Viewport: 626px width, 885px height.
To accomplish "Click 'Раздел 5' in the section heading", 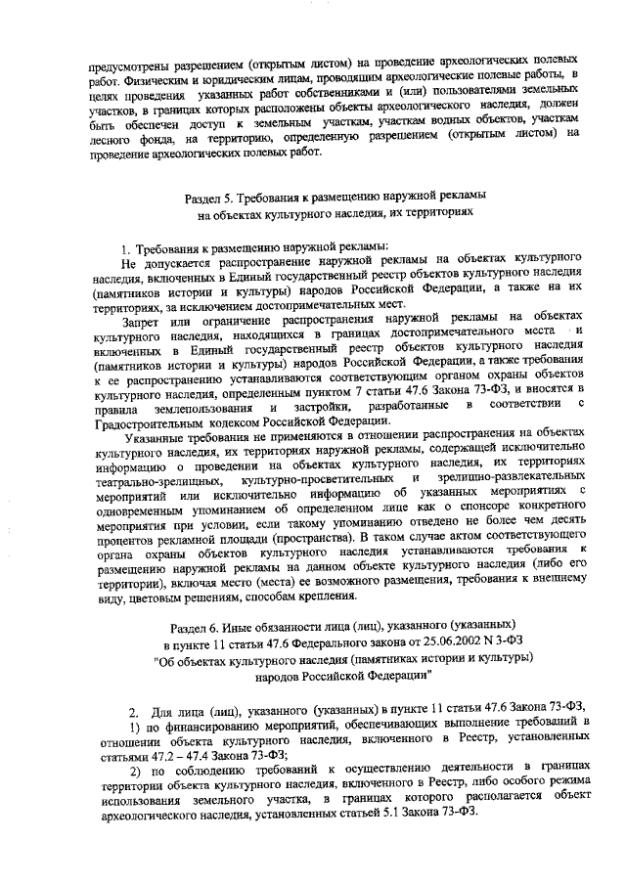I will [211, 196].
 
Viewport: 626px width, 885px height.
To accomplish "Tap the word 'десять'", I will [566, 523].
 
